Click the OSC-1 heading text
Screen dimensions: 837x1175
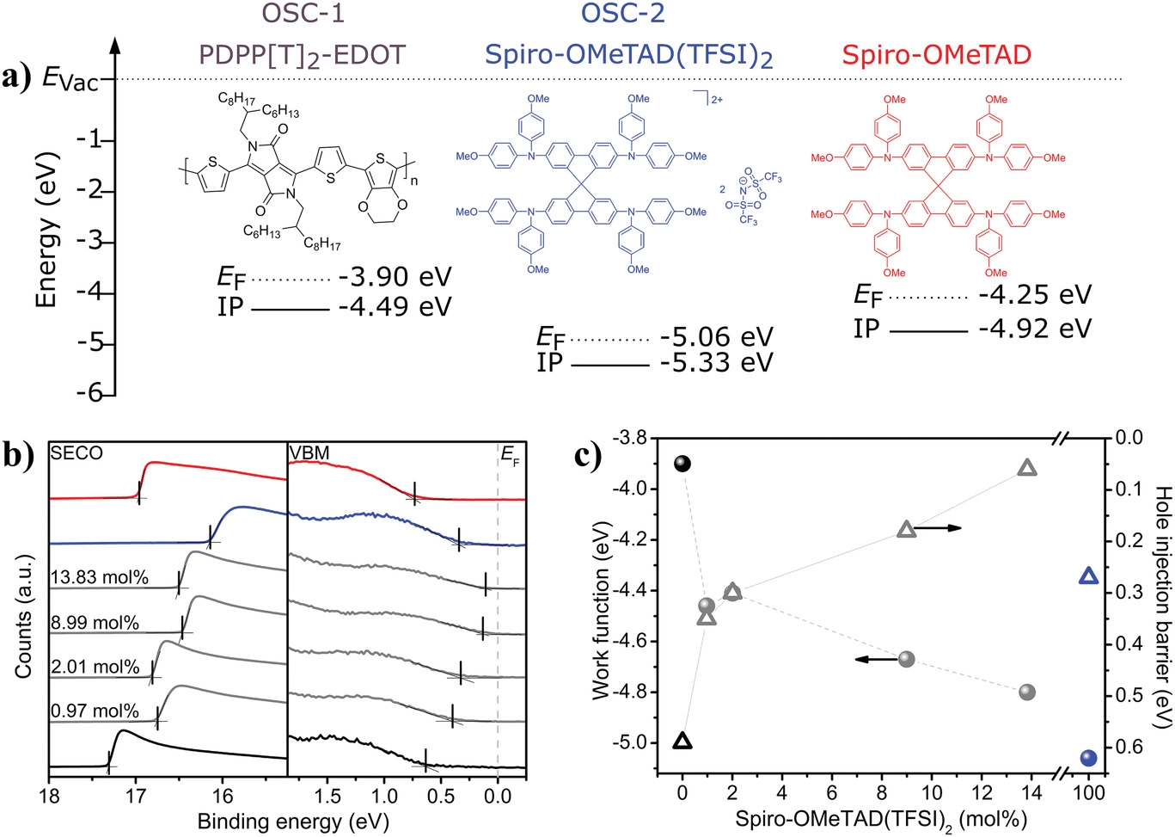(304, 15)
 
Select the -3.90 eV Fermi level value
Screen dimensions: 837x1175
(395, 278)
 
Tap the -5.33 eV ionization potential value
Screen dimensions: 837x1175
(716, 363)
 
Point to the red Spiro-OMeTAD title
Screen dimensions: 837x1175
(936, 55)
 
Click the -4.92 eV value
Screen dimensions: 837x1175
(1034, 329)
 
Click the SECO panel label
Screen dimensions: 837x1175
(76, 453)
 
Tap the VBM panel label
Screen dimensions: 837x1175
(309, 453)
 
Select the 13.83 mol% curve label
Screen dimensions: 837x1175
(99, 578)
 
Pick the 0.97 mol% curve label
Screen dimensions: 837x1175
(95, 711)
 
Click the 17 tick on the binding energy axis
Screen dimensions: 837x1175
(136, 796)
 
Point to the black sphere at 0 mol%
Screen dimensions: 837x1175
(682, 465)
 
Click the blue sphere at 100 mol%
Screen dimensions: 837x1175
(1088, 758)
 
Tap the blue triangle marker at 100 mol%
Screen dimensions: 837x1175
(1088, 576)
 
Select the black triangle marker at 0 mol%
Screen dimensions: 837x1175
(682, 741)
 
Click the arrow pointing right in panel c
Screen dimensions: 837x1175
(938, 527)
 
